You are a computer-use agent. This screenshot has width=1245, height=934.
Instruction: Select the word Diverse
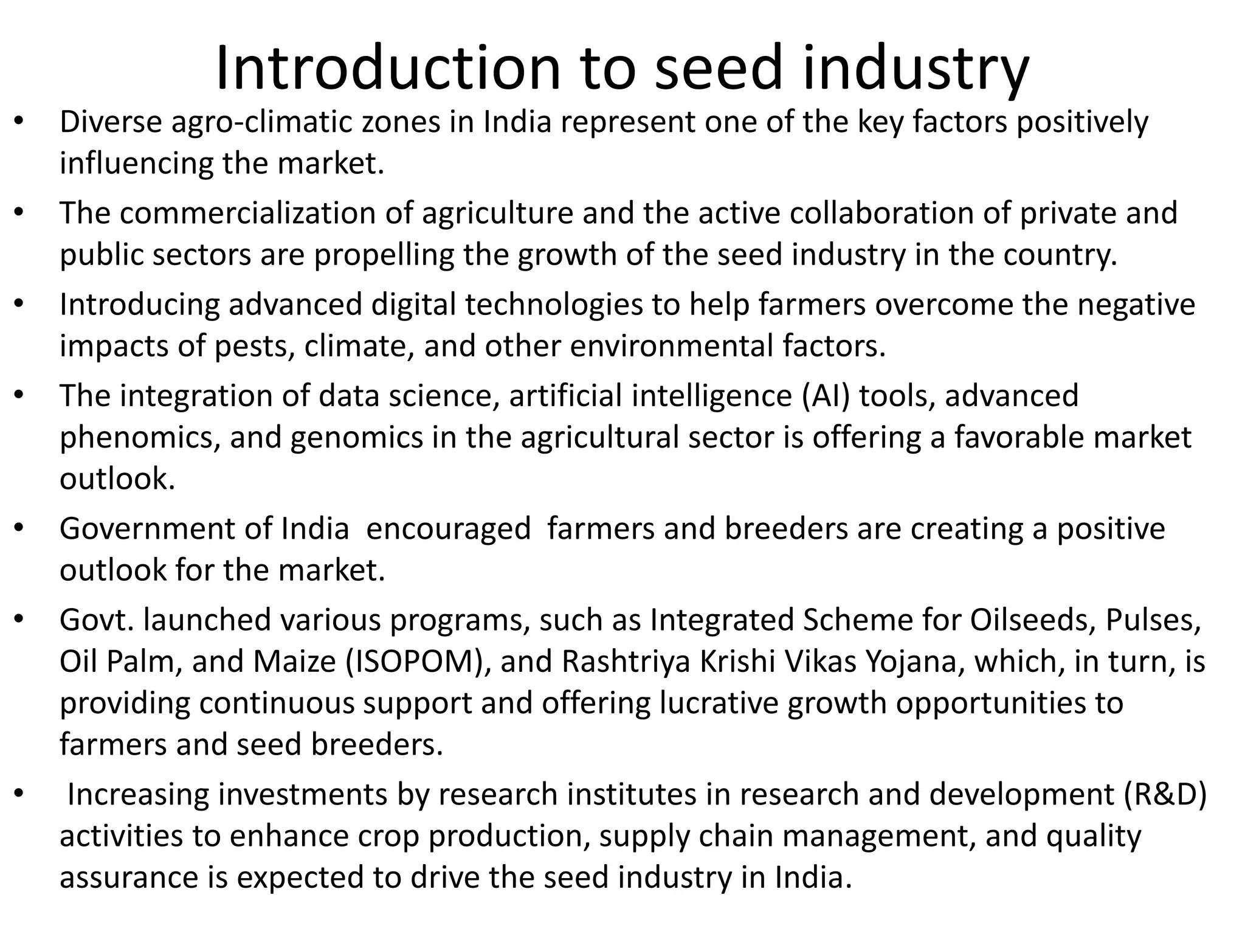111,122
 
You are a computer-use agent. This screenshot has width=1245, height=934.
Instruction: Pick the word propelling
384,254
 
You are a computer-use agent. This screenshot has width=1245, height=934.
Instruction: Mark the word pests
255,345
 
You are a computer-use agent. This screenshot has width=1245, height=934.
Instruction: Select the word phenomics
140,438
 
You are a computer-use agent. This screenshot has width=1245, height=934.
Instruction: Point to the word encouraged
449,528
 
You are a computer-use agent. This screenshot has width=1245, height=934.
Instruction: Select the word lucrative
719,703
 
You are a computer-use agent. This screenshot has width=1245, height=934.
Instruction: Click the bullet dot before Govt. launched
19,619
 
